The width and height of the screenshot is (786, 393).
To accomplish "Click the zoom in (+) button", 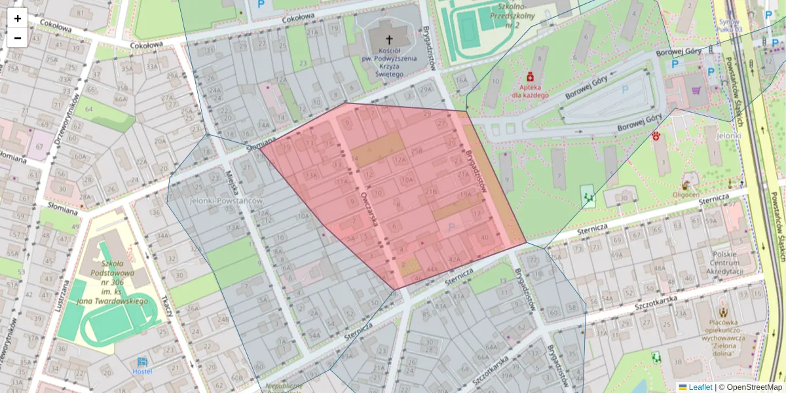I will coord(18,18).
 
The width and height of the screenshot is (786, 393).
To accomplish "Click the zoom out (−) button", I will coord(18,38).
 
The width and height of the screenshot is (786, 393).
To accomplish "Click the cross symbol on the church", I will coord(390,39).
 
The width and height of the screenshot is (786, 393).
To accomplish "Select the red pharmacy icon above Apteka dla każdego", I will coord(530,77).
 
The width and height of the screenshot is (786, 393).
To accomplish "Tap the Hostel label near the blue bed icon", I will coord(142,371).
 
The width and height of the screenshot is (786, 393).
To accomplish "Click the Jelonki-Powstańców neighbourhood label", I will coord(225,200).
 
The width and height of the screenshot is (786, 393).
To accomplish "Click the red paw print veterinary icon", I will coord(656,136).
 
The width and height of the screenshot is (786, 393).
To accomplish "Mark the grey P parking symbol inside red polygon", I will coord(451,227).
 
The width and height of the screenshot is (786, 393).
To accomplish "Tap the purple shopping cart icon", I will coord(696,91).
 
